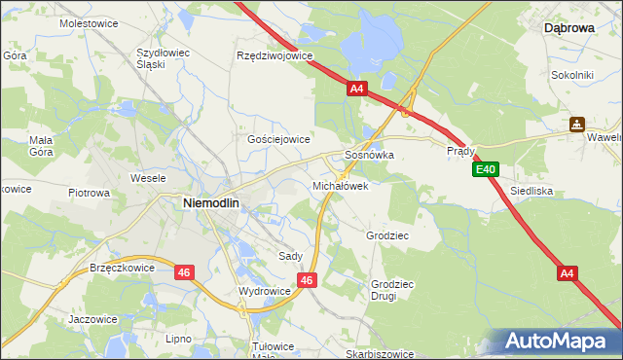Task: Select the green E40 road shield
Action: (487, 169)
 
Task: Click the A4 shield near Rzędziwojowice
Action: (357, 89)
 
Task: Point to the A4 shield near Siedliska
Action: (568, 273)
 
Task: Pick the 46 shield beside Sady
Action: (307, 280)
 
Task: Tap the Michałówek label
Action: (340, 185)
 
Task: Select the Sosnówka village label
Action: (369, 155)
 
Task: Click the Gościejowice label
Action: (278, 139)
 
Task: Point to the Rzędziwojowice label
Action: (275, 55)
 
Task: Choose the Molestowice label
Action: (88, 21)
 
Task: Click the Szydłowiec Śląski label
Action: (164, 57)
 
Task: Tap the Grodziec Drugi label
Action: (391, 290)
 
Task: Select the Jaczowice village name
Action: (92, 318)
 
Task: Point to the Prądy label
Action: (460, 152)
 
